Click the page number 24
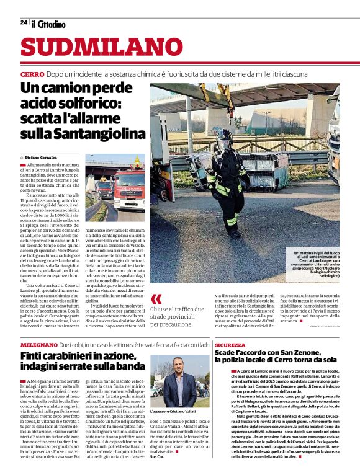(24, 22)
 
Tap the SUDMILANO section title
(102, 47)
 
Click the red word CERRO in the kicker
(32, 74)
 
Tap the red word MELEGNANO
(39, 344)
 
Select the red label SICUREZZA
(230, 344)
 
